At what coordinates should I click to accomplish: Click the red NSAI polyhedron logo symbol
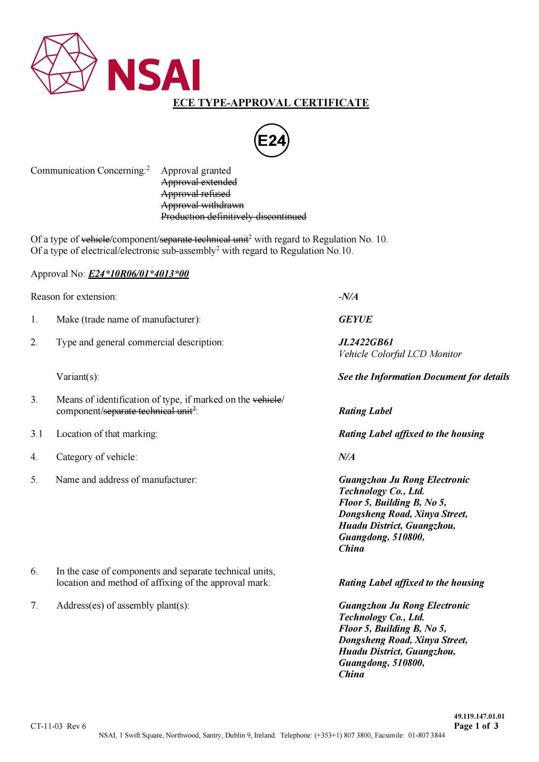(x=64, y=64)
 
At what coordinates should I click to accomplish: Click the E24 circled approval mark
(x=271, y=141)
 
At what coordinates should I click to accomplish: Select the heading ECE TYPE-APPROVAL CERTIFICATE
(x=270, y=103)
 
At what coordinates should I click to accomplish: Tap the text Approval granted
(x=196, y=171)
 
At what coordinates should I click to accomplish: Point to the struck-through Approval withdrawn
(x=202, y=205)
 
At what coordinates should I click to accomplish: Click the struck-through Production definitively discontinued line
(x=234, y=217)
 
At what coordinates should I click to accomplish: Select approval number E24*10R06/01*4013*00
(x=138, y=274)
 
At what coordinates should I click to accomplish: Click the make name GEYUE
(x=355, y=319)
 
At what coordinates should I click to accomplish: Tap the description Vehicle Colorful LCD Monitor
(x=400, y=354)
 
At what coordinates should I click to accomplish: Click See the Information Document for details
(x=424, y=377)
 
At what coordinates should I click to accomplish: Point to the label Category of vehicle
(x=96, y=457)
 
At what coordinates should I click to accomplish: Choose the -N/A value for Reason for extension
(x=348, y=296)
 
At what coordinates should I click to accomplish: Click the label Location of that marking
(x=107, y=434)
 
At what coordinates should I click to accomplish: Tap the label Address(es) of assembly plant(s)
(x=123, y=606)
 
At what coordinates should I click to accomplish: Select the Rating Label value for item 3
(x=365, y=411)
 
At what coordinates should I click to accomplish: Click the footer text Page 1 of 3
(x=476, y=726)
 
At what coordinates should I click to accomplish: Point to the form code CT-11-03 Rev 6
(x=58, y=726)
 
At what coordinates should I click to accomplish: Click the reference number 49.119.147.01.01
(x=479, y=716)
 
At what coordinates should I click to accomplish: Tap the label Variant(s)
(x=78, y=377)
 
